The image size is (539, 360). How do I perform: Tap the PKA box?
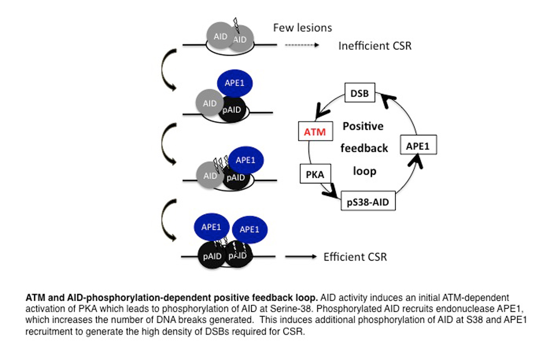tap(312, 173)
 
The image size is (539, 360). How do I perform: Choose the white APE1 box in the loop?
tap(418, 146)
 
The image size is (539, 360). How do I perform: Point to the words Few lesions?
tap(302, 28)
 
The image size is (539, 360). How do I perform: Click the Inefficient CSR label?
tap(375, 46)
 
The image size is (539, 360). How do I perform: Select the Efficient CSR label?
tap(355, 257)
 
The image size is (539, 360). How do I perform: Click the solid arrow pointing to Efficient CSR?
tap(300, 257)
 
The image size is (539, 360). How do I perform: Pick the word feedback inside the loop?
tap(364, 148)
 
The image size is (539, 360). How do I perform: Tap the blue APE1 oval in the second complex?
tap(234, 83)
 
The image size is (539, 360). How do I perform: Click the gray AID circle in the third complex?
tap(209, 176)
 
